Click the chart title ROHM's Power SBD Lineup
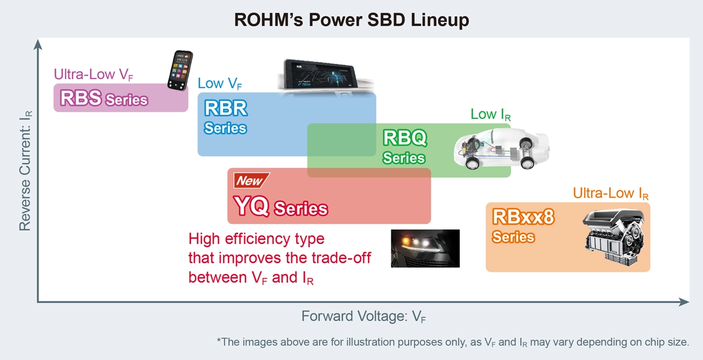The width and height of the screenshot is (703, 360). pos(351,20)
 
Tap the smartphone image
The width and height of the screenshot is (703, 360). pos(180,70)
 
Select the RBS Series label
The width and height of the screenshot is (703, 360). pos(104,98)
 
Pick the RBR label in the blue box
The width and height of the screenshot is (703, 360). pos(225,108)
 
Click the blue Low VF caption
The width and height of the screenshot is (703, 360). pos(219,84)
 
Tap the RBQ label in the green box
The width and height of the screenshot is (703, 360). pos(405,138)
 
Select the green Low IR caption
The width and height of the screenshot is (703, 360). pos(491,114)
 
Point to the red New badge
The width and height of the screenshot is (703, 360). pos(250,181)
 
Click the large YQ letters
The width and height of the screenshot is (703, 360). pos(251,207)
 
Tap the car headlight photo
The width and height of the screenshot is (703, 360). pos(425,248)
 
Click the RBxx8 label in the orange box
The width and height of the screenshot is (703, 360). pos(523,217)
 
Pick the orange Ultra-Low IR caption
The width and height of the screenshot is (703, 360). pos(610,194)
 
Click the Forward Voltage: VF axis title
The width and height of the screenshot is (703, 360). pos(364,316)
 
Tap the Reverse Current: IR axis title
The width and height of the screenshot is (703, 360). pos(25,171)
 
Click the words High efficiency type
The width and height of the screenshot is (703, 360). pos(256,239)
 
